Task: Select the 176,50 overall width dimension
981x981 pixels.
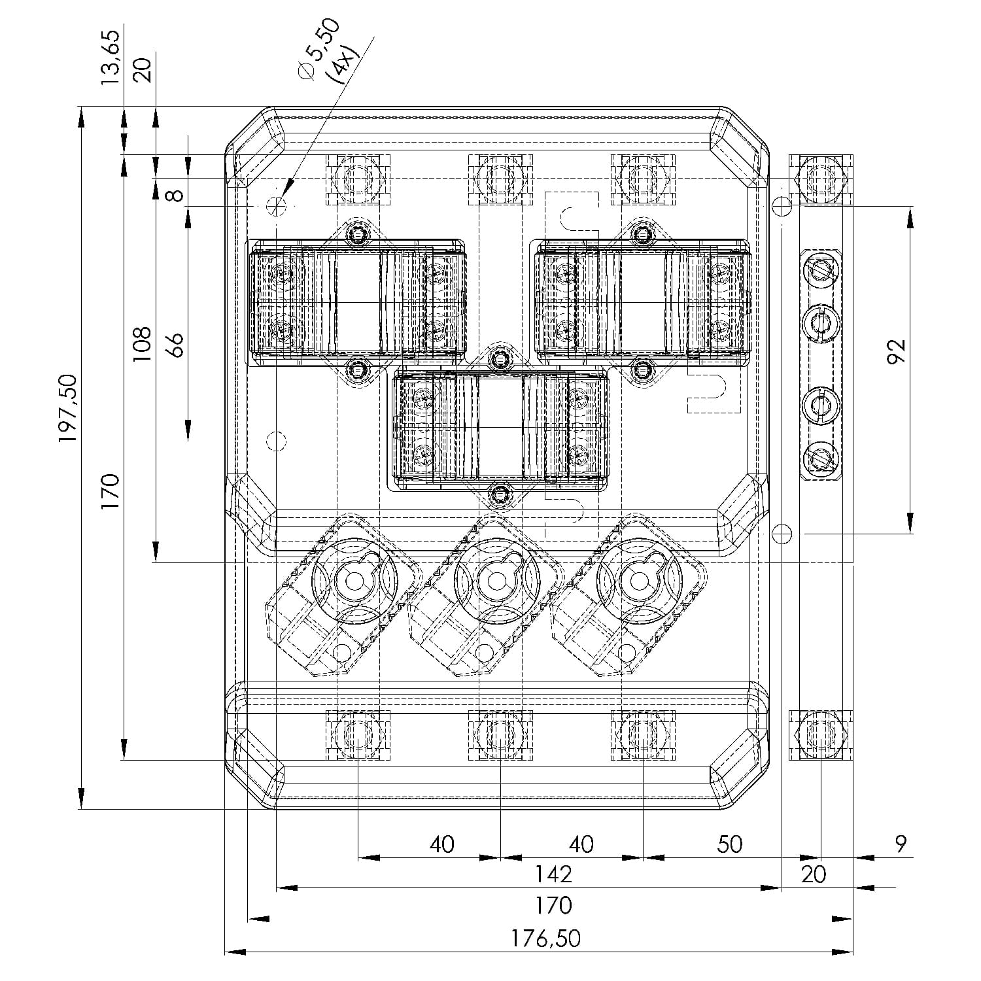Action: pos(545,938)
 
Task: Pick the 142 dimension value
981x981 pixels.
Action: pos(553,874)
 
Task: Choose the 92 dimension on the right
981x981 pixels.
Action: pos(898,351)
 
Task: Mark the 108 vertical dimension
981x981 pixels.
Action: pos(141,343)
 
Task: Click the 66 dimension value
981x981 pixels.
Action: pos(174,344)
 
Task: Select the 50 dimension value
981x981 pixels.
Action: pos(729,844)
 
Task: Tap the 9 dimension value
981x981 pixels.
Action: pos(901,844)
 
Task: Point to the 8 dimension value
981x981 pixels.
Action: pos(174,194)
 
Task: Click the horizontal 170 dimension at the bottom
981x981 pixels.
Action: pos(553,906)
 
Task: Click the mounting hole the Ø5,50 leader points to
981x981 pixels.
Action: pos(277,206)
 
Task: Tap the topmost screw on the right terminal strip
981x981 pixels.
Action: pos(821,269)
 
